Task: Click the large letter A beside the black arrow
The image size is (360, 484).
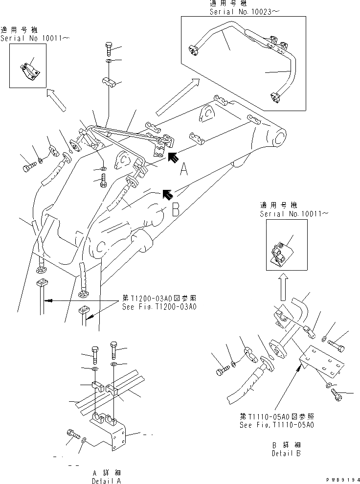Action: (x=184, y=170)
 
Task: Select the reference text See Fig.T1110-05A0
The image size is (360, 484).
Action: (x=277, y=425)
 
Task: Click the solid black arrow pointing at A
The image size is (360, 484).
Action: (x=173, y=157)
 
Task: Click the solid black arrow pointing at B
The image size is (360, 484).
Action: (x=167, y=194)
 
